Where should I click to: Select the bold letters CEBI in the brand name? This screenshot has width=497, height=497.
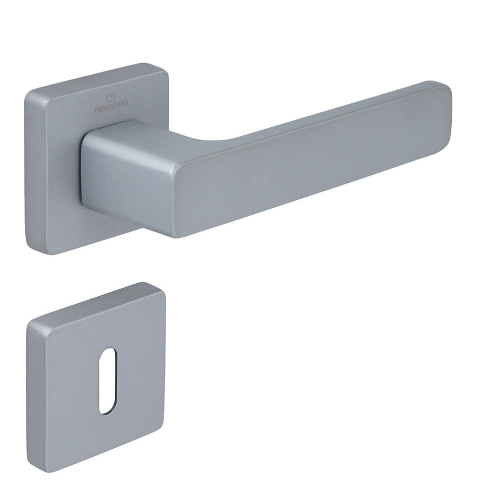point(101,110)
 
